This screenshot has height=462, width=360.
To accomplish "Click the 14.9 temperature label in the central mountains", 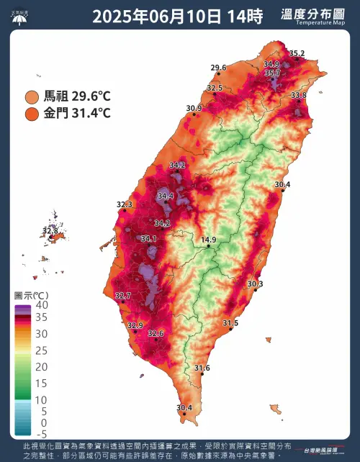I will click(x=208, y=240).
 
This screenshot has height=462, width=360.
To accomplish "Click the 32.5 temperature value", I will click(x=215, y=88).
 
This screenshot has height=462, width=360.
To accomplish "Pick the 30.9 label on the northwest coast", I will click(x=194, y=108).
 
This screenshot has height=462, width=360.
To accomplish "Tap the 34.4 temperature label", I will click(x=166, y=196).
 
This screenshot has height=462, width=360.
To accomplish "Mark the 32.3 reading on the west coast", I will click(x=125, y=205).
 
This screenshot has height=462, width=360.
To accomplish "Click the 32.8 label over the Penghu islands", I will click(x=50, y=230).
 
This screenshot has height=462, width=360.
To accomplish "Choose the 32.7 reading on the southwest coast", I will click(x=123, y=296).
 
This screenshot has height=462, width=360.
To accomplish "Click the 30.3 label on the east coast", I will click(x=255, y=284).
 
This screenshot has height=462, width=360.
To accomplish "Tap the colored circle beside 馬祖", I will click(x=32, y=96).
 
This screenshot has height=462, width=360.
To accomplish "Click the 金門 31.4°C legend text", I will click(x=77, y=113).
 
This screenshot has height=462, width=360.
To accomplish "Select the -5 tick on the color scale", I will click(x=42, y=434).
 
